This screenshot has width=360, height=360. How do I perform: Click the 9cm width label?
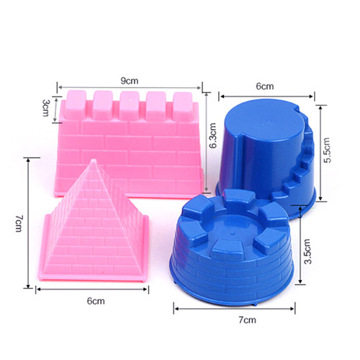tap(130, 81)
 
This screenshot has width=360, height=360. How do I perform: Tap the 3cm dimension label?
tap(46, 108)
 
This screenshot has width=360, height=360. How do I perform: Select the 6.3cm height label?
tap(213, 135)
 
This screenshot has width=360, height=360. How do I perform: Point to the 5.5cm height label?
tap(327, 150)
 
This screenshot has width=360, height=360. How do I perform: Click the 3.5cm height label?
tap(307, 251)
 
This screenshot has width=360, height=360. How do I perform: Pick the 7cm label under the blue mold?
tap(247, 320)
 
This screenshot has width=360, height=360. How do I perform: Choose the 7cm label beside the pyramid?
tap(19, 224)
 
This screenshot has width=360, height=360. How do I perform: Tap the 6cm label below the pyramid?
tap(96, 301)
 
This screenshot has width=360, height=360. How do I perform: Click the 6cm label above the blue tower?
tap(265, 86)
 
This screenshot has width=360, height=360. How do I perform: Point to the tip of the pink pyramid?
tap(94, 159)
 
